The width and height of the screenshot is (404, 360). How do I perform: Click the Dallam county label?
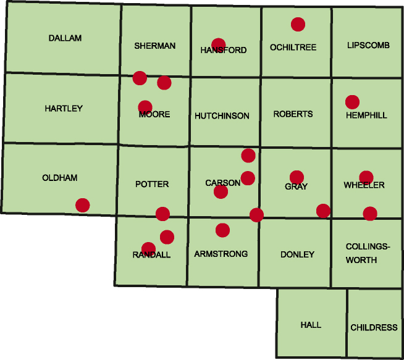click(x=65, y=38)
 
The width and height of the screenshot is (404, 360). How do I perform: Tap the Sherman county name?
click(x=155, y=46)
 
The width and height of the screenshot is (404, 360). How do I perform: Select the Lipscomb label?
click(x=368, y=46)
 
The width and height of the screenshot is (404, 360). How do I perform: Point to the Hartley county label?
click(x=64, y=109)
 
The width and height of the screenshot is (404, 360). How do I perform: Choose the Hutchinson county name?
click(x=222, y=116)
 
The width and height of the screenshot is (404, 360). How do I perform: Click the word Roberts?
click(x=293, y=114)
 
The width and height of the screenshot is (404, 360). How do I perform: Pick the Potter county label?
click(x=152, y=184)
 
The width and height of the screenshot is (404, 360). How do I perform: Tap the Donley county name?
click(x=297, y=254)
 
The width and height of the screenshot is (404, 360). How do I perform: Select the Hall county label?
click(x=311, y=325)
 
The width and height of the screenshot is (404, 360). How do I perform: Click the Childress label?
click(x=374, y=327)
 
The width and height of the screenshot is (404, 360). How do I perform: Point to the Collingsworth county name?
click(x=368, y=253)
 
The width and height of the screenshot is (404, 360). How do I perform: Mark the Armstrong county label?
click(x=221, y=254)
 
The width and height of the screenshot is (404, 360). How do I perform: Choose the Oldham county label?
click(x=60, y=178)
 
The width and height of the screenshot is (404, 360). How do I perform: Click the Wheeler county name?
click(x=364, y=185)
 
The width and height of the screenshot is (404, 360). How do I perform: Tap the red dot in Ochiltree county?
click(x=298, y=24)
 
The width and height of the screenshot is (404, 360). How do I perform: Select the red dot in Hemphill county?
click(x=352, y=102)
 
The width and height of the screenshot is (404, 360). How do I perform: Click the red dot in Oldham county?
click(x=82, y=205)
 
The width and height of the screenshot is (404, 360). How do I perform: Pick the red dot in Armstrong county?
click(x=222, y=230)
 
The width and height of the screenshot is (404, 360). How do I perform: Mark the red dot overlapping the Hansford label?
click(x=218, y=44)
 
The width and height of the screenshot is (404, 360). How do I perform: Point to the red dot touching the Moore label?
click(x=145, y=107)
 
